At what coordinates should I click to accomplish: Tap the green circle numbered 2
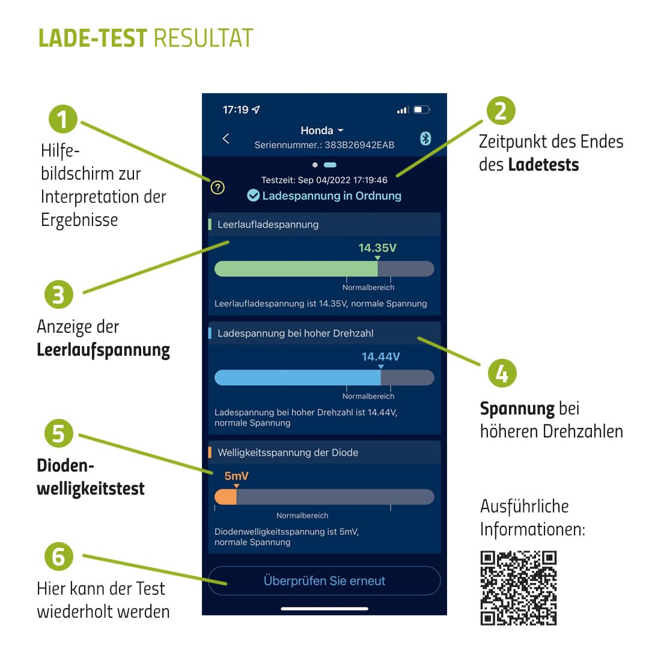(x=501, y=111)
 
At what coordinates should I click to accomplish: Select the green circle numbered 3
(x=59, y=296)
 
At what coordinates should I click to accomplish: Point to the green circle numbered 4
(x=502, y=373)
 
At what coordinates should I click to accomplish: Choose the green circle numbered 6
(x=59, y=556)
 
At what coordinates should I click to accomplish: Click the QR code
(x=519, y=588)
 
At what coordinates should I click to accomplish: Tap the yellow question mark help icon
(x=218, y=187)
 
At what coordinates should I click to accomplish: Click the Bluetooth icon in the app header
(x=425, y=138)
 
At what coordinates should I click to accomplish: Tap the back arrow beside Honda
(x=226, y=138)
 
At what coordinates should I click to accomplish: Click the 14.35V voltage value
(x=377, y=248)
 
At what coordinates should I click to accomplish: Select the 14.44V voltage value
(x=380, y=356)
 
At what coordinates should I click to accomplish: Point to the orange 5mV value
(x=236, y=476)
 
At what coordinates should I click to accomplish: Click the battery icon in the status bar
(x=422, y=110)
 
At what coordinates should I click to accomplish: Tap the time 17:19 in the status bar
(x=235, y=110)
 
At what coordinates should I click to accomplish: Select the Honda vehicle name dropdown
(x=322, y=130)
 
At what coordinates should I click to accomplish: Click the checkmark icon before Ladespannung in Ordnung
(x=254, y=195)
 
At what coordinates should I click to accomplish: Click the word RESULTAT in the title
(x=203, y=38)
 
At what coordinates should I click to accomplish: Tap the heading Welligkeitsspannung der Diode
(x=288, y=452)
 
